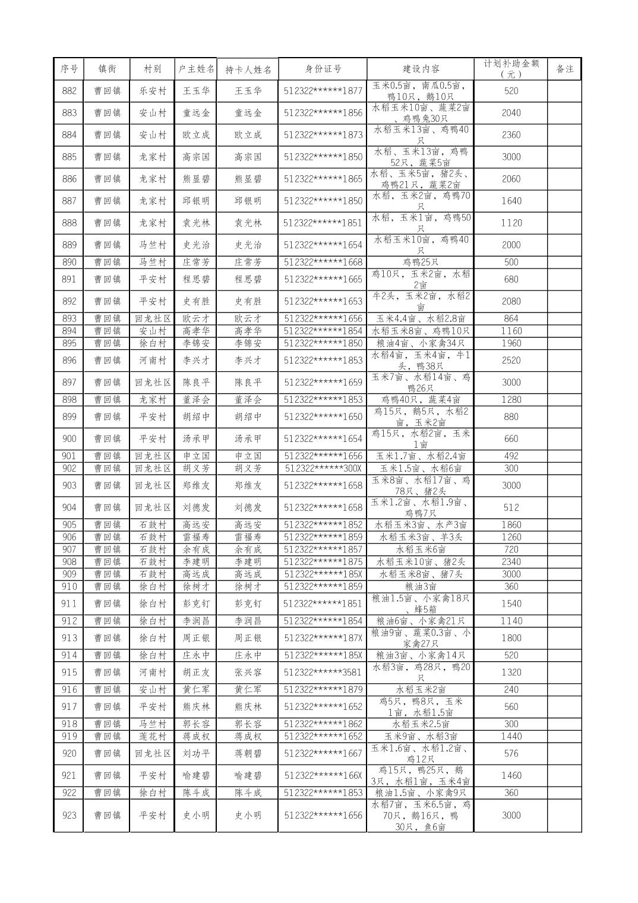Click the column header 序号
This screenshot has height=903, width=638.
click(69, 69)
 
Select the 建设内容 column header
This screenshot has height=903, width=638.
click(420, 69)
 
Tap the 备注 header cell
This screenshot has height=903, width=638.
click(564, 69)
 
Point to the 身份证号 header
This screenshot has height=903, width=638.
click(323, 69)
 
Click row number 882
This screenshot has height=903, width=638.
click(69, 91)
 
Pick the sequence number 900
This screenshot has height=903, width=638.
click(69, 438)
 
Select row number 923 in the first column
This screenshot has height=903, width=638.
click(69, 815)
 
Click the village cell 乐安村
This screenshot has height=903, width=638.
click(153, 91)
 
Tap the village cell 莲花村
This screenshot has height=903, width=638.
click(153, 736)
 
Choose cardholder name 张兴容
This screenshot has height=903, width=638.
click(248, 672)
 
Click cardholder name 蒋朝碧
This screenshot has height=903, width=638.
click(248, 753)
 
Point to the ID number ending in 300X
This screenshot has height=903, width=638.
click(323, 468)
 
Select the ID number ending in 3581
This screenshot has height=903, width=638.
click(323, 672)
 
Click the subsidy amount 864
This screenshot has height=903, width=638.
click(510, 318)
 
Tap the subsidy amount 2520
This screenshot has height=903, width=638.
click(510, 360)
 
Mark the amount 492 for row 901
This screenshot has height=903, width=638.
click(510, 456)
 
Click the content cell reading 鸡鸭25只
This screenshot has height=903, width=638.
click(420, 262)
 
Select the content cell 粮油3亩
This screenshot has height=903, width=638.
click(420, 586)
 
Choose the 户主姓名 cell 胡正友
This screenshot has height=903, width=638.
click(196, 672)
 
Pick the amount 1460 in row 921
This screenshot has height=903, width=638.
click(510, 775)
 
